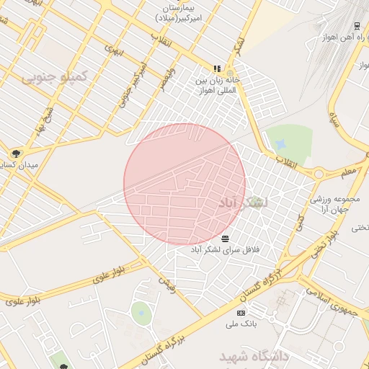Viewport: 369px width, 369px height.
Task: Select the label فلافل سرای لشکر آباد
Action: [224, 249]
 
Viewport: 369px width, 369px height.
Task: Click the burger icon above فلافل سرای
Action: [226, 238]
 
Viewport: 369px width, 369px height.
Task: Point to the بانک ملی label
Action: [241, 324]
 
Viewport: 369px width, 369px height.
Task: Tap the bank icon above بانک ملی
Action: [241, 313]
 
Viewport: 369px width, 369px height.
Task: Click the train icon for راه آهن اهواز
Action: [357, 27]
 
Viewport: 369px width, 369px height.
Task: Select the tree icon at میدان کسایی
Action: [16, 153]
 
